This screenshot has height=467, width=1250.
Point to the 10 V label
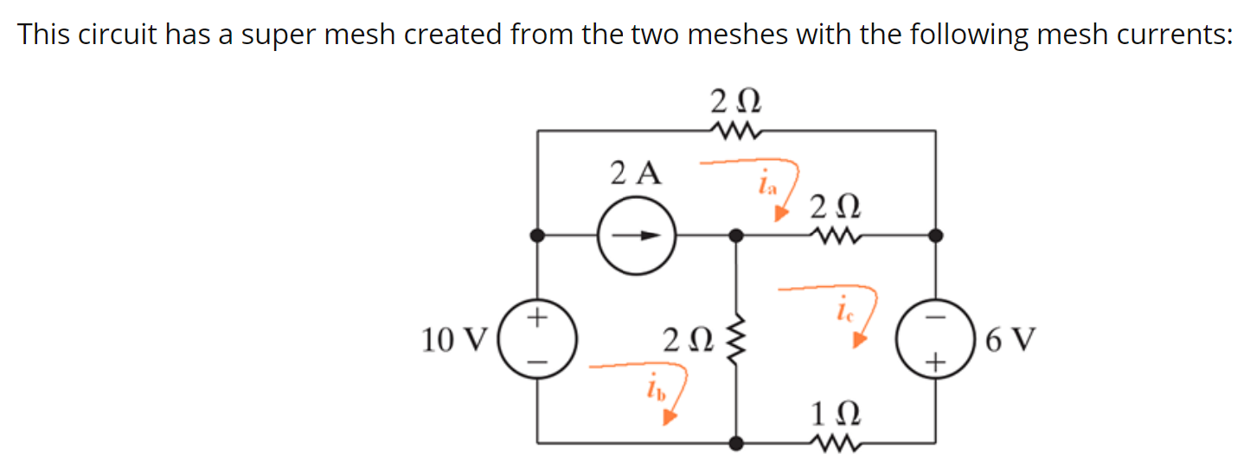pos(455,341)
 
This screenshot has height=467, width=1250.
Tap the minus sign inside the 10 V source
pos(537,361)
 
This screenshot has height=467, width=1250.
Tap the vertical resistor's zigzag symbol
pos(736,338)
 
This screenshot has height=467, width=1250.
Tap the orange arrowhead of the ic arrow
pos(858,341)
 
